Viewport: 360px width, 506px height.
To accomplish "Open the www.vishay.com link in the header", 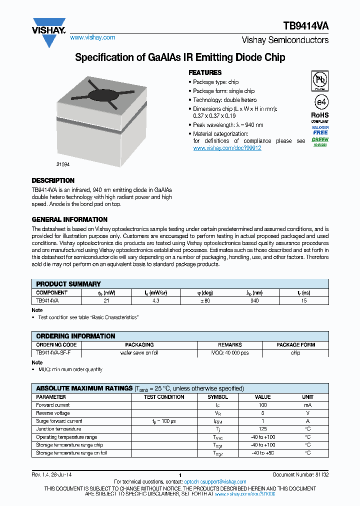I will [x=92, y=37].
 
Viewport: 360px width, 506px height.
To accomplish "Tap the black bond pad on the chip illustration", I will [x=103, y=94].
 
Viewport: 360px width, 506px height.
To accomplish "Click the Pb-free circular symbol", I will [x=320, y=80].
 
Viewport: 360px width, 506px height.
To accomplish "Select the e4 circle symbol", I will [x=320, y=102].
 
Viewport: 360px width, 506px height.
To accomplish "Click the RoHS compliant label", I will [x=320, y=117].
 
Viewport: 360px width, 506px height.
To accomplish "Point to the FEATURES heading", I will [x=205, y=72].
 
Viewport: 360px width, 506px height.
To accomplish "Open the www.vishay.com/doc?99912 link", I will [x=227, y=148].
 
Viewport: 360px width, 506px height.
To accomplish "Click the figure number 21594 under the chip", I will [x=63, y=164].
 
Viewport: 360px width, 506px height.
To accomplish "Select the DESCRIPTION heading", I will [x=53, y=180].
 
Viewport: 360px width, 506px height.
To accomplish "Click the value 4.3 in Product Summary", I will [x=155, y=301].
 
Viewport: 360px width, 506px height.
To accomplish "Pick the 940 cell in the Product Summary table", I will [x=254, y=301].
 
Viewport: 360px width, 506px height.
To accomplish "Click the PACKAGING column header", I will [x=139, y=344].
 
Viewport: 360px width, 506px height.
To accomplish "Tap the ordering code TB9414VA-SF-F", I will [x=53, y=352].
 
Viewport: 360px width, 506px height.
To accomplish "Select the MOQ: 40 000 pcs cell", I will [x=230, y=352].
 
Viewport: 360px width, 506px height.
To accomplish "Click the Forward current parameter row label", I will [x=53, y=405].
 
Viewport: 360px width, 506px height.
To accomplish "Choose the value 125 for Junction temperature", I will [x=262, y=429].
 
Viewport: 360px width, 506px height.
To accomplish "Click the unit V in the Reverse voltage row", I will [x=307, y=413].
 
